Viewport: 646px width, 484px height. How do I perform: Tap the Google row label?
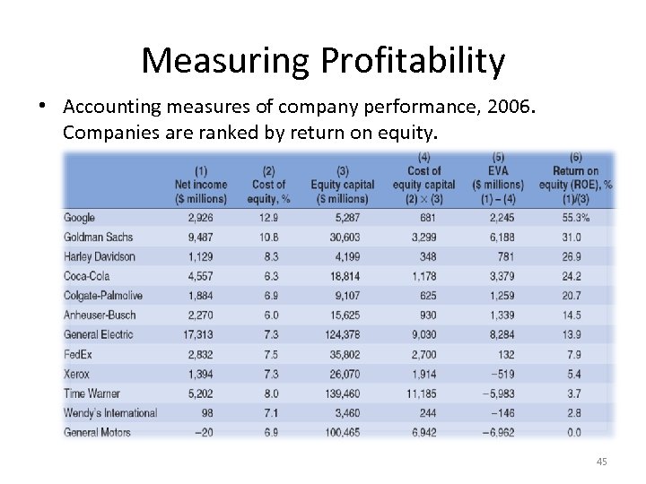(79, 218)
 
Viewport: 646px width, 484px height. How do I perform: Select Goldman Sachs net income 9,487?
(200, 238)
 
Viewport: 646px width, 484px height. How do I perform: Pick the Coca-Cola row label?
(86, 276)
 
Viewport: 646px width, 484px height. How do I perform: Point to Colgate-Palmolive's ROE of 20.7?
(572, 296)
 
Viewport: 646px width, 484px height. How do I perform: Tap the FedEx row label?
(76, 354)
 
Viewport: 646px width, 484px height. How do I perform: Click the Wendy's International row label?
(110, 413)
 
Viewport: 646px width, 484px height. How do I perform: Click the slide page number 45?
(601, 462)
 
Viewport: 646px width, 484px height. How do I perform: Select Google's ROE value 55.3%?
(575, 218)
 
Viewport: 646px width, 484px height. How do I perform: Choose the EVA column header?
(499, 171)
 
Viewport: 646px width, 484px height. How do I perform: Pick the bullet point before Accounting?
(43, 106)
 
